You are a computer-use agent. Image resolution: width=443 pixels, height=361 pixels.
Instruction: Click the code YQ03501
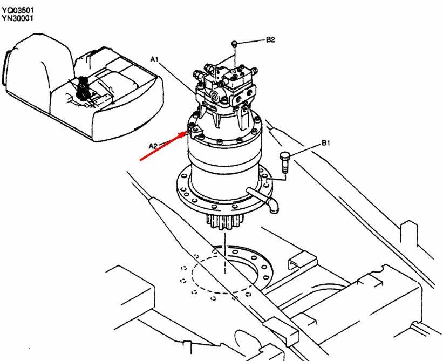point(18,10)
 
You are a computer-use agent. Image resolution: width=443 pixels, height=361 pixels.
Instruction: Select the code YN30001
point(17,18)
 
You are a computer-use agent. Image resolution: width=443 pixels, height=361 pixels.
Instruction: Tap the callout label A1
point(154,59)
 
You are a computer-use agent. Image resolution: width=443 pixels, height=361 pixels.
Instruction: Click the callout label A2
point(153,146)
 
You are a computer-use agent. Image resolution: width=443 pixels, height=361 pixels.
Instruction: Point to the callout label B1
point(326,143)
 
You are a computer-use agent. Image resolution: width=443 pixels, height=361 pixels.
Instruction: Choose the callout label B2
point(270,40)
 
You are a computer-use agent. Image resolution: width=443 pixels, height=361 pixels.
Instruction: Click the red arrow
point(164,146)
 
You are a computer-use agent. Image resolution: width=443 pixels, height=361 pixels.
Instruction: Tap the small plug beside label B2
point(234,44)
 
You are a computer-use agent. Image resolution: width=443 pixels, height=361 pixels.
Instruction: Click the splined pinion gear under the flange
point(224,221)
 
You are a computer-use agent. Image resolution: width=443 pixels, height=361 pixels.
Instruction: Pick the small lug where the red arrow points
point(195,131)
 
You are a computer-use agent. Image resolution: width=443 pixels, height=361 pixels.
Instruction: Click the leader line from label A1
point(178,78)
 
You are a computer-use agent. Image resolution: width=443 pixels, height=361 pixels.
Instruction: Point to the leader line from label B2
point(251,42)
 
